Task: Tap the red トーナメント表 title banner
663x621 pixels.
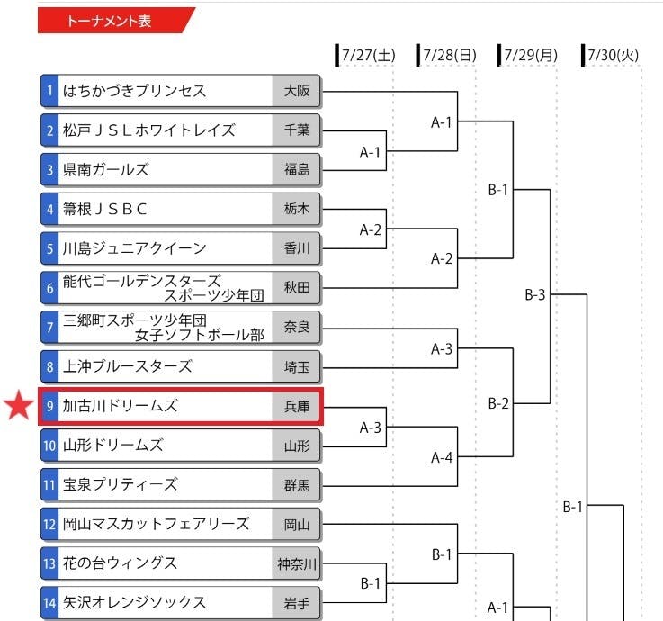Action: (115, 21)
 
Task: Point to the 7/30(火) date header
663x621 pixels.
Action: (613, 56)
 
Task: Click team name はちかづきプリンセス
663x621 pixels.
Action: (135, 91)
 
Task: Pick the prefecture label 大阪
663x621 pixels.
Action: (297, 91)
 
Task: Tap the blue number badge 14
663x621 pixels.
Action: (50, 603)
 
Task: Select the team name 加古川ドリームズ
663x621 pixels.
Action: (121, 406)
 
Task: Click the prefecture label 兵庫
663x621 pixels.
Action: (297, 406)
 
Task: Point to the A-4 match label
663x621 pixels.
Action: (442, 457)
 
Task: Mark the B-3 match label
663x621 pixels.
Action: (535, 294)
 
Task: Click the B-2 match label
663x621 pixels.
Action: (498, 403)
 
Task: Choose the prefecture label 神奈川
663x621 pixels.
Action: (297, 563)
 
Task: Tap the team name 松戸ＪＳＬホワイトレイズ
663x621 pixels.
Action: (149, 130)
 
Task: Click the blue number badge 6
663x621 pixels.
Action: (50, 288)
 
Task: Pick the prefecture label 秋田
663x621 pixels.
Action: (297, 288)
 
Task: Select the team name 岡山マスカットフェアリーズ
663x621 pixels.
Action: (157, 524)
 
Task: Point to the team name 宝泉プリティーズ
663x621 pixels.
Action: (121, 484)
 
